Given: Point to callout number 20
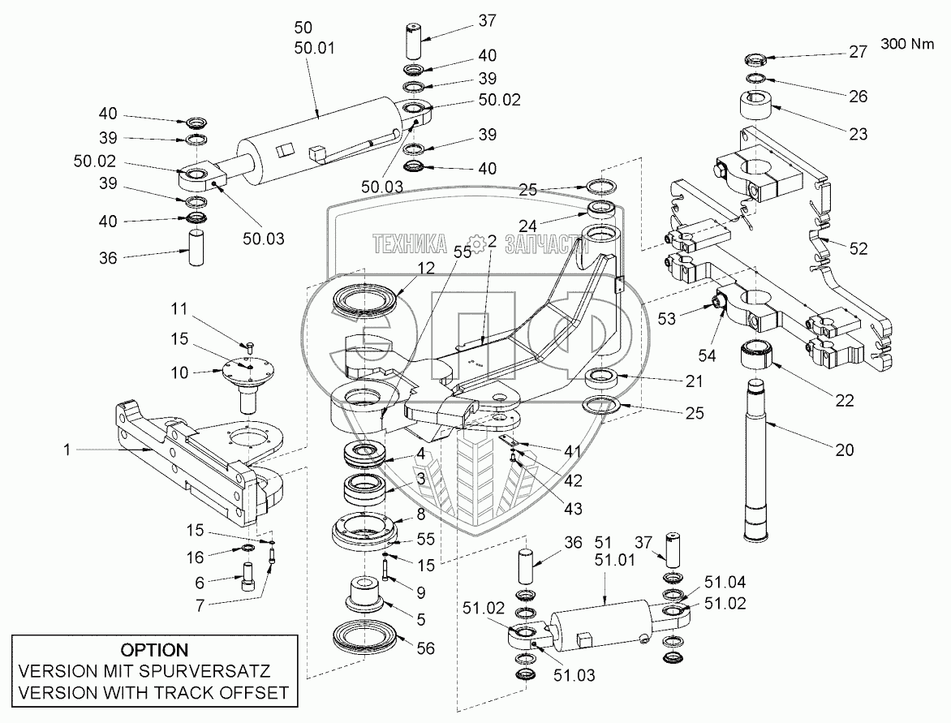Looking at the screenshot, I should tap(844, 450).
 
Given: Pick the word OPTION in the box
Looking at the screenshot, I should tap(154, 650).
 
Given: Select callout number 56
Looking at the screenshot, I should tap(424, 648).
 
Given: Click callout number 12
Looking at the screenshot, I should tap(427, 268).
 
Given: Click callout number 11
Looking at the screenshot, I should tap(179, 308).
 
